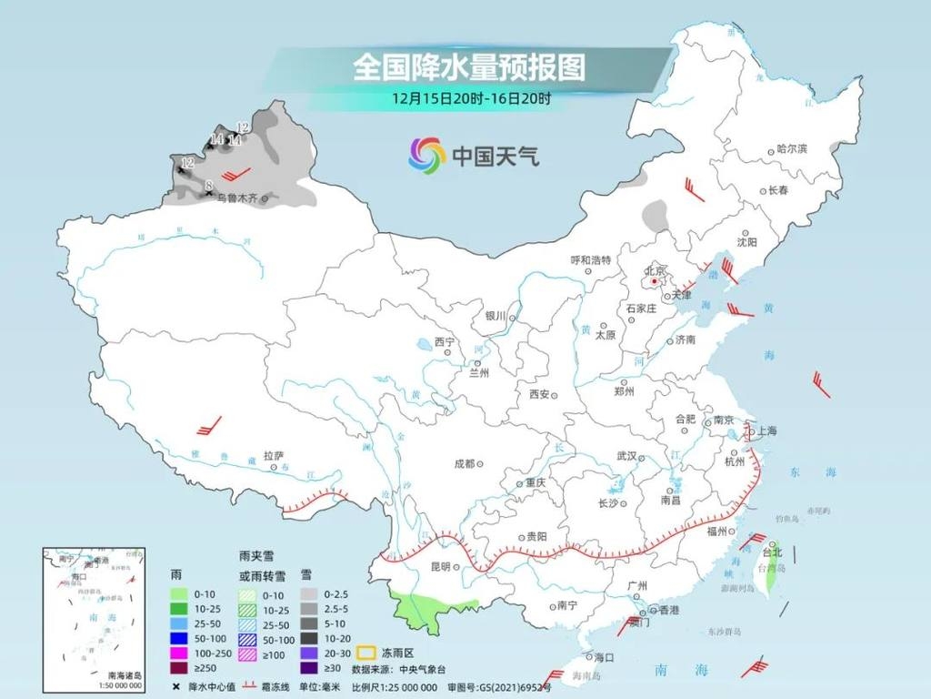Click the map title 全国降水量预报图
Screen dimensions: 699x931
[x=468, y=66]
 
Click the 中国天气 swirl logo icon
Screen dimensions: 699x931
[x=426, y=156]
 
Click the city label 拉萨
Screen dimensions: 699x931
[x=274, y=454]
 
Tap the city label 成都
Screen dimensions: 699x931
[x=464, y=463]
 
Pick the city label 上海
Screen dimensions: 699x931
[x=765, y=431]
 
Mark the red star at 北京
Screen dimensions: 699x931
[x=654, y=281]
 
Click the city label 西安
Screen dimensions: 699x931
[x=539, y=394]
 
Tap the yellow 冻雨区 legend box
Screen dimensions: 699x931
[x=366, y=653]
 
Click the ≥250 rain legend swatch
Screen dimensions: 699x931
[x=180, y=668]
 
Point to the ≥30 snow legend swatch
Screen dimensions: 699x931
[x=307, y=668]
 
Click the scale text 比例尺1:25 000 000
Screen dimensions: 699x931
[x=395, y=686]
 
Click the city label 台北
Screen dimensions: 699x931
[x=772, y=552]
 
